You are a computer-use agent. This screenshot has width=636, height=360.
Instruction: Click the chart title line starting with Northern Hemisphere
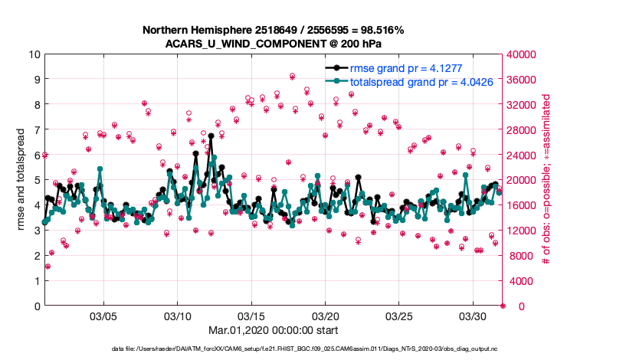click(x=274, y=30)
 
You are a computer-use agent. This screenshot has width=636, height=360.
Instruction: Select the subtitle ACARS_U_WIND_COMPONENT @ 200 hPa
click(x=274, y=43)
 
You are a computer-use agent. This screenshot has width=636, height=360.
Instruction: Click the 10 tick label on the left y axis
click(x=34, y=54)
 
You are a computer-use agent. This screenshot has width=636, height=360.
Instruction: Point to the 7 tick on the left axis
click(x=36, y=130)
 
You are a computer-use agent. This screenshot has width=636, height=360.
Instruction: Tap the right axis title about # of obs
click(x=546, y=180)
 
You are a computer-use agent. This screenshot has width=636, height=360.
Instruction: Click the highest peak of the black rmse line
click(x=210, y=136)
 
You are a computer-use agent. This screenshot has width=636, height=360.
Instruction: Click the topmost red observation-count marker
click(x=293, y=76)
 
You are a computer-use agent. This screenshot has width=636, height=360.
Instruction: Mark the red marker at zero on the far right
click(x=503, y=306)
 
